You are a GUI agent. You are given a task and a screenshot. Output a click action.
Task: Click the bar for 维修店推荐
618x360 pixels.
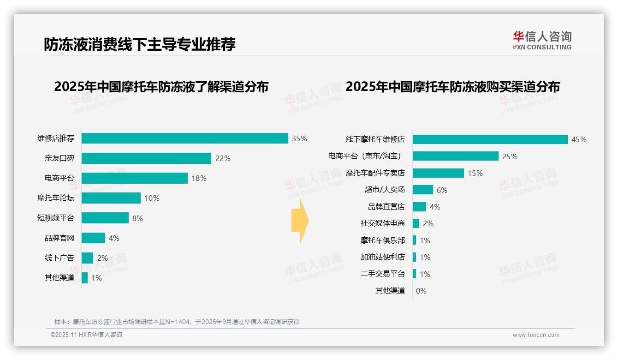point(184,138)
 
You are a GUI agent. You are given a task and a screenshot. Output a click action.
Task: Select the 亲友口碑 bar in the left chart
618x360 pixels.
point(146,158)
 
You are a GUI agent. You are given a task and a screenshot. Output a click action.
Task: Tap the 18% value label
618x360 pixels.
point(199,178)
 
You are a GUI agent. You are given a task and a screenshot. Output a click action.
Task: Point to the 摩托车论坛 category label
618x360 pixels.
point(55,198)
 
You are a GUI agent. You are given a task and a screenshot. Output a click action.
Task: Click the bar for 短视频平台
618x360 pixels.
point(105,218)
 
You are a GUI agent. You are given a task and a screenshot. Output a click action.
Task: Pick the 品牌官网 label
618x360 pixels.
point(59,238)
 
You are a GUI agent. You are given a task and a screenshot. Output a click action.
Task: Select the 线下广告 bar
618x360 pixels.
point(87,258)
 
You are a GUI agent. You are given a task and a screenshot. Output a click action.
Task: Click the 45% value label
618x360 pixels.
point(579,139)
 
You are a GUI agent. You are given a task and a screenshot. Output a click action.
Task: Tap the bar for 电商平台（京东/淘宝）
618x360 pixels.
point(455,156)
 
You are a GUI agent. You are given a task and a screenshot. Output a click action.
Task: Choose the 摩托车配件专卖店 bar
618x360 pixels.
point(438,173)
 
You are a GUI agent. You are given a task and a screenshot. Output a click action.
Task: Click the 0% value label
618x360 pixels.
point(421,291)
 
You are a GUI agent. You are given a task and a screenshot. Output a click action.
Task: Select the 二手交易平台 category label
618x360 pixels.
point(382,274)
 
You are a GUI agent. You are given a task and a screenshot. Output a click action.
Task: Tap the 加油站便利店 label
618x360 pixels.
point(382,257)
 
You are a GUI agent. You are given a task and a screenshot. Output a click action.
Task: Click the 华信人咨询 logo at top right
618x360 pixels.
point(542,40)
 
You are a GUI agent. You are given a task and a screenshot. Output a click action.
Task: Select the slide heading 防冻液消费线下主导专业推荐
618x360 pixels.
point(140,44)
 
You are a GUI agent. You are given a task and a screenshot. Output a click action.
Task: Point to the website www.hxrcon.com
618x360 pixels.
point(535,335)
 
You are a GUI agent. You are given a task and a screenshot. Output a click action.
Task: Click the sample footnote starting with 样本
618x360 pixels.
point(177,322)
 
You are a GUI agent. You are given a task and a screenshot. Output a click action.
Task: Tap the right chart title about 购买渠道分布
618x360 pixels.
point(452,87)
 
